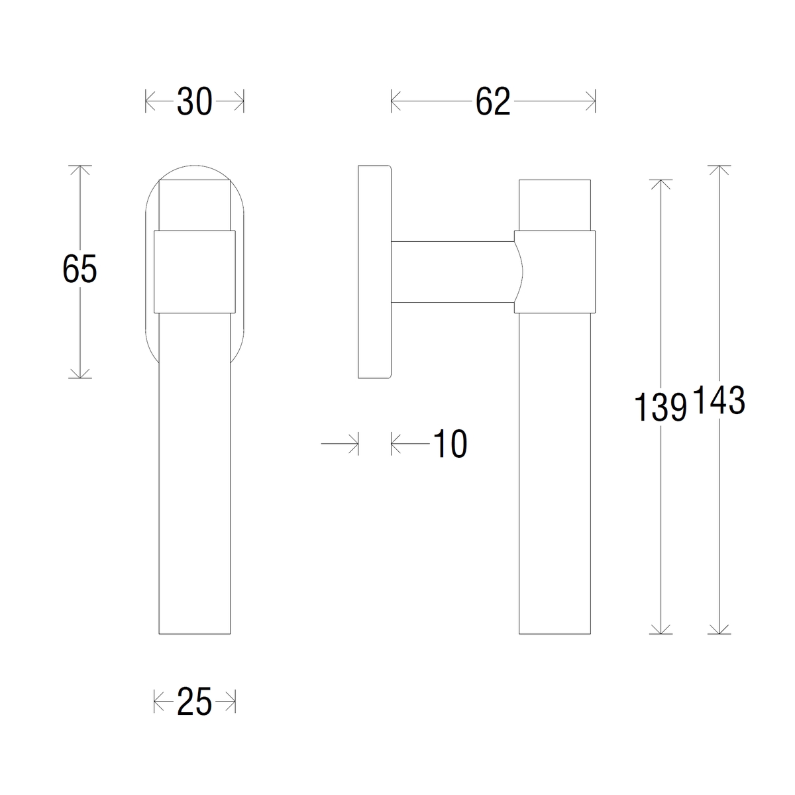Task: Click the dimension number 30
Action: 194,101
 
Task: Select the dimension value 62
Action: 493,101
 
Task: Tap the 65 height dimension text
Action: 79,269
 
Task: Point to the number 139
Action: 660,407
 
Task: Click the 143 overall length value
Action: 719,399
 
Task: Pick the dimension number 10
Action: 450,443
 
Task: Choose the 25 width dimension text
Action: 194,702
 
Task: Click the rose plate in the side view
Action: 374,272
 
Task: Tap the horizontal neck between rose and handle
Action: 453,272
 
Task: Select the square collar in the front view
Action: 195,272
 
